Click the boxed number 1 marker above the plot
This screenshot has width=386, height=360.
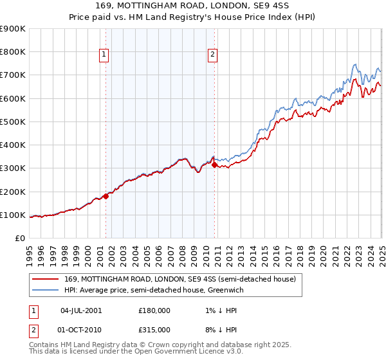click(x=104, y=55)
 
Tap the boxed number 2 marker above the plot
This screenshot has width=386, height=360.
click(x=212, y=55)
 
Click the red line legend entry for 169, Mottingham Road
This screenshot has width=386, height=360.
click(x=179, y=279)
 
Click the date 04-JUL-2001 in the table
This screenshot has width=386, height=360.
click(x=81, y=310)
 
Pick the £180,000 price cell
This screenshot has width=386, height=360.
click(x=154, y=310)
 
